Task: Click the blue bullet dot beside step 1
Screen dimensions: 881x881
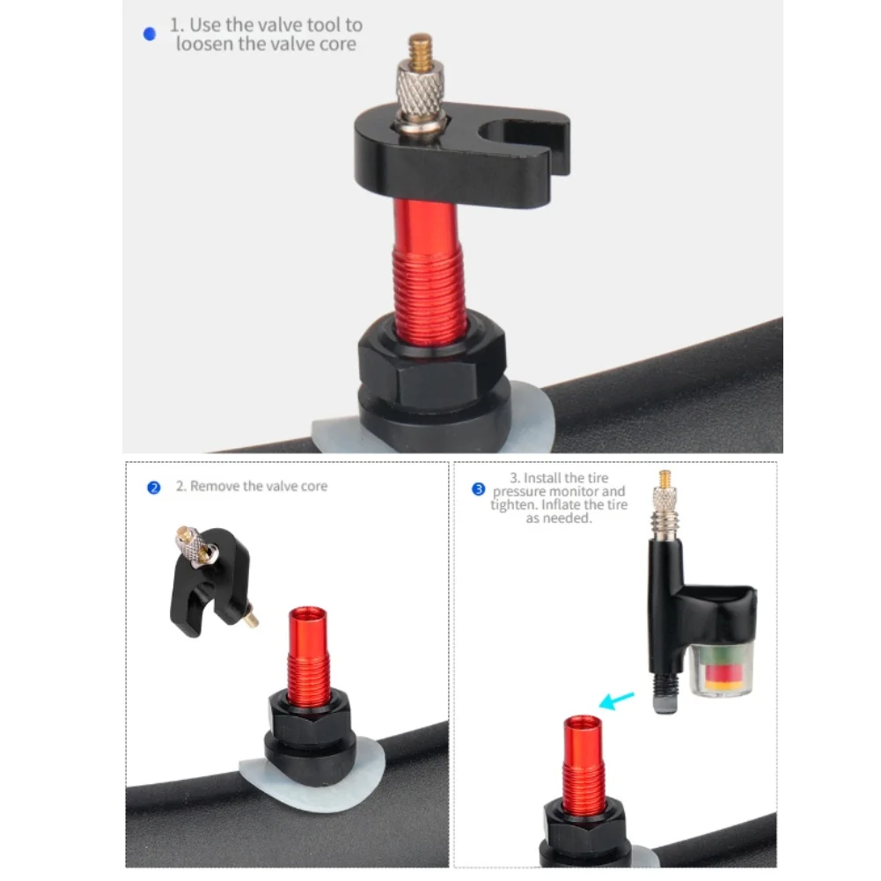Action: tap(150, 34)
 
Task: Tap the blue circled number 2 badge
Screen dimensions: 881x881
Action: tap(153, 488)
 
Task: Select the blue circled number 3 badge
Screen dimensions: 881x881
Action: tap(478, 489)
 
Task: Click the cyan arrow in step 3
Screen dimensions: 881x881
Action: tap(616, 701)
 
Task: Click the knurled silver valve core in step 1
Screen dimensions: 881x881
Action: tap(420, 89)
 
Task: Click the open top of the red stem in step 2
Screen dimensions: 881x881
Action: tap(307, 613)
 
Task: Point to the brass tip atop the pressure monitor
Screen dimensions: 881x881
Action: tap(664, 479)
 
